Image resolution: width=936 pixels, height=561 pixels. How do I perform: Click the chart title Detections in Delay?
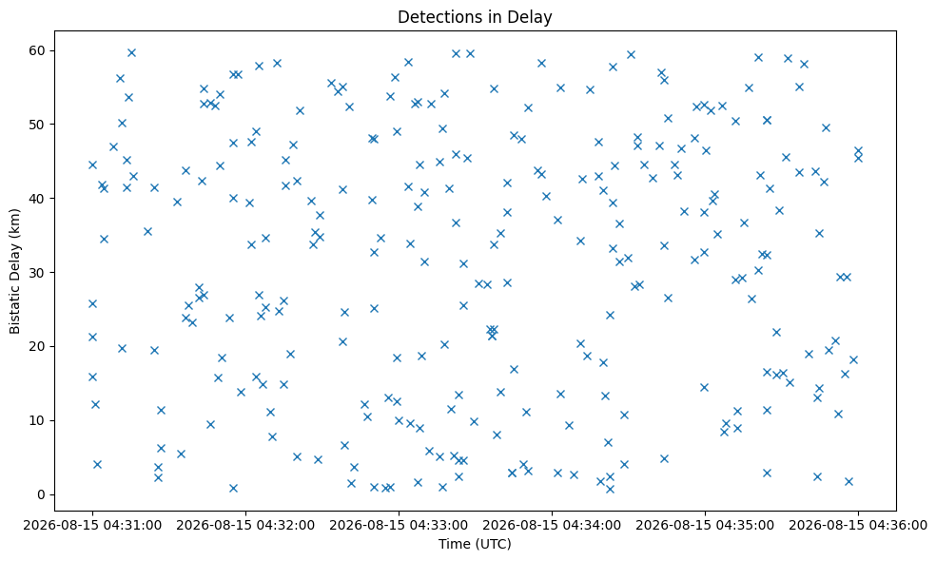click(475, 17)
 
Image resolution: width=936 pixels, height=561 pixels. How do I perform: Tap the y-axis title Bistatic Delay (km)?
click(14, 271)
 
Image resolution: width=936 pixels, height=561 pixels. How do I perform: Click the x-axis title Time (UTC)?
click(475, 544)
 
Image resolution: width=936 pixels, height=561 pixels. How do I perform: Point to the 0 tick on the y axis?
click(41, 494)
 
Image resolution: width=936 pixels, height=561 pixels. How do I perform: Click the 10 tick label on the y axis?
click(37, 420)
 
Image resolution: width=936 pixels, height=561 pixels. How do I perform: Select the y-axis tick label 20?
click(37, 347)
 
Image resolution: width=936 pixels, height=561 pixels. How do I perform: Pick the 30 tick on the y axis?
click(37, 273)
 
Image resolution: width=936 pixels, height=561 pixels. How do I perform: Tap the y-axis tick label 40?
click(37, 199)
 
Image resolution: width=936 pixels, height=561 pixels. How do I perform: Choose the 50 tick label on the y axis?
click(37, 125)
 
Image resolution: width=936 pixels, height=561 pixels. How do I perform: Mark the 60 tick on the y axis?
click(37, 50)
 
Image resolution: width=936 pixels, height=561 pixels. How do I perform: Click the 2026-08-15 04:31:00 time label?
click(92, 526)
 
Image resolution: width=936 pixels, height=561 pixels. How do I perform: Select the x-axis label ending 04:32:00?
click(245, 526)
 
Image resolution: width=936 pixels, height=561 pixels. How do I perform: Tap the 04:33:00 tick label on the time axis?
click(399, 526)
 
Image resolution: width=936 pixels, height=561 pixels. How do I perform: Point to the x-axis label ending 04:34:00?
click(552, 526)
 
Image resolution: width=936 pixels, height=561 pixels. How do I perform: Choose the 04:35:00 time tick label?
click(705, 526)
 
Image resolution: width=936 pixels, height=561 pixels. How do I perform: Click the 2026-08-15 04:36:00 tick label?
click(858, 526)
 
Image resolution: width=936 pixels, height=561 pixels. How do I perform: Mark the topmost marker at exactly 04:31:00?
click(92, 165)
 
